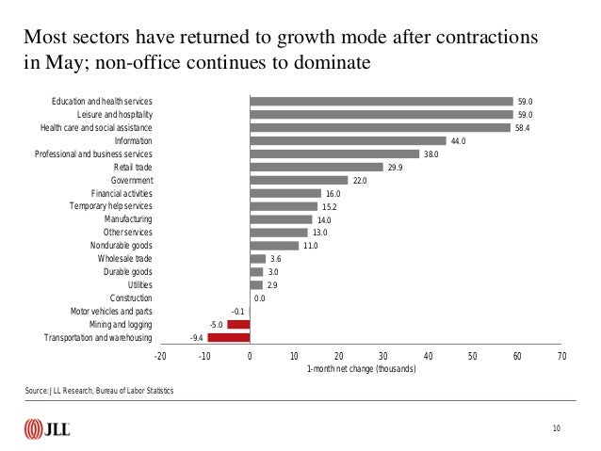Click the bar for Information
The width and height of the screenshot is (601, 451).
point(348,141)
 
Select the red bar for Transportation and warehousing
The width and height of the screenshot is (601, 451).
point(229,337)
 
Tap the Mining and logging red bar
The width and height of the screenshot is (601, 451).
point(238,324)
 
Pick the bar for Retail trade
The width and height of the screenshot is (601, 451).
point(317,167)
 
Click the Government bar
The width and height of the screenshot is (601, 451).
point(299,180)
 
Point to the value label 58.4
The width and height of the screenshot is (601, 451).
point(525,128)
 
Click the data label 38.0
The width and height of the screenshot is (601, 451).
point(431,154)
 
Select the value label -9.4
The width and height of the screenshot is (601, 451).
point(197,337)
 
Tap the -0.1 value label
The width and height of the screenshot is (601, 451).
point(237,311)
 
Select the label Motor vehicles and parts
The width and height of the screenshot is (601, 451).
point(111,311)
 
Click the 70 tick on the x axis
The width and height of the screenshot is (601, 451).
point(561,357)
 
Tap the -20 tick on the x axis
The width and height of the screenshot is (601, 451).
point(159,357)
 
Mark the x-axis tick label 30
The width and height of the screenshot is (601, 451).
point(383,357)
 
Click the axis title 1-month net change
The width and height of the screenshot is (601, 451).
point(361,369)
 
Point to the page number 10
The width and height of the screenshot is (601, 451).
point(557,429)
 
